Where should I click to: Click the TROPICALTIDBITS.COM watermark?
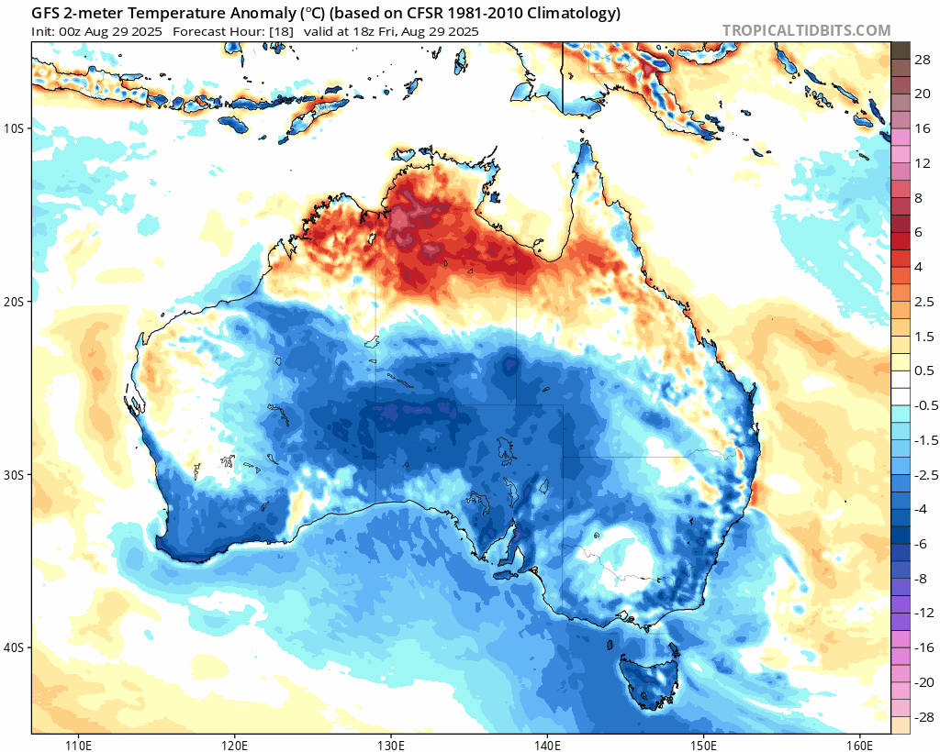pyautogui.click(x=806, y=30)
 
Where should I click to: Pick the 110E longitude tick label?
pyautogui.click(x=77, y=743)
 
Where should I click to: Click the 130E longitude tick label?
pyautogui.click(x=391, y=743)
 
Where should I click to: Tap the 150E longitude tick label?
pyautogui.click(x=704, y=743)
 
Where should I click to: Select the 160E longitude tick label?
pyautogui.click(x=860, y=743)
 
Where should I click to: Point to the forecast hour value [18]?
pyautogui.click(x=280, y=31)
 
